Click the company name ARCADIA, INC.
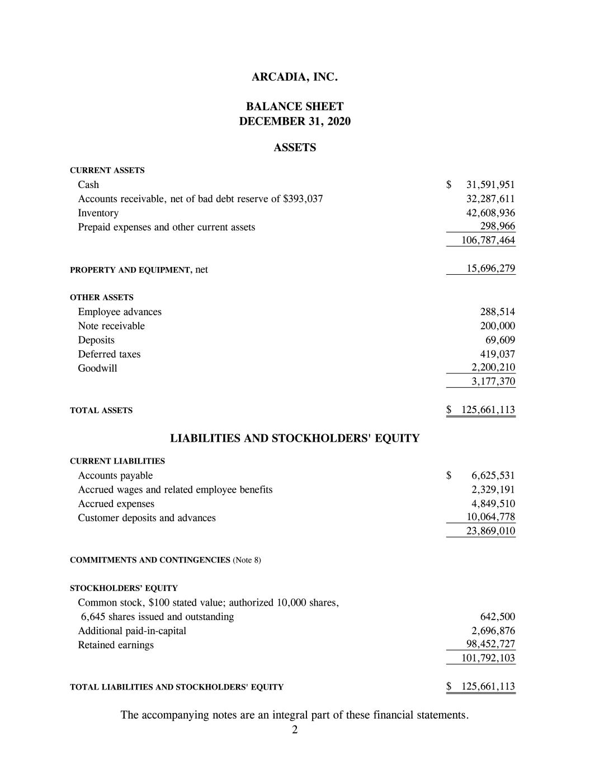pyautogui.click(x=295, y=77)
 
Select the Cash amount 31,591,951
pyautogui.click(x=490, y=185)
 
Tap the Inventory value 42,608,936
pyautogui.click(x=490, y=213)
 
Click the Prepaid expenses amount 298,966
pyautogui.click(x=498, y=226)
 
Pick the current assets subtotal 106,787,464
pyautogui.click(x=488, y=241)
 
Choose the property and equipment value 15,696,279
pyautogui.click(x=490, y=269)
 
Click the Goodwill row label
pyautogui.click(x=98, y=368)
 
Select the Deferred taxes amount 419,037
pyautogui.click(x=498, y=354)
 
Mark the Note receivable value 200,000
pyautogui.click(x=498, y=326)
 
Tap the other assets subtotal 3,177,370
pyautogui.click(x=493, y=382)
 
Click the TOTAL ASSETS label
pyautogui.click(x=101, y=411)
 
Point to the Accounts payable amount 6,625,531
pyautogui.click(x=493, y=476)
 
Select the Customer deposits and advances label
pyautogui.click(x=147, y=518)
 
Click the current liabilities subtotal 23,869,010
pyautogui.click(x=490, y=531)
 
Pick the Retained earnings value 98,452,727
pyautogui.click(x=490, y=644)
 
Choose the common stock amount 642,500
pyautogui.click(x=498, y=617)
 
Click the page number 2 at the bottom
pyautogui.click(x=295, y=730)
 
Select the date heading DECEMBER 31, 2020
pyautogui.click(x=295, y=121)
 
